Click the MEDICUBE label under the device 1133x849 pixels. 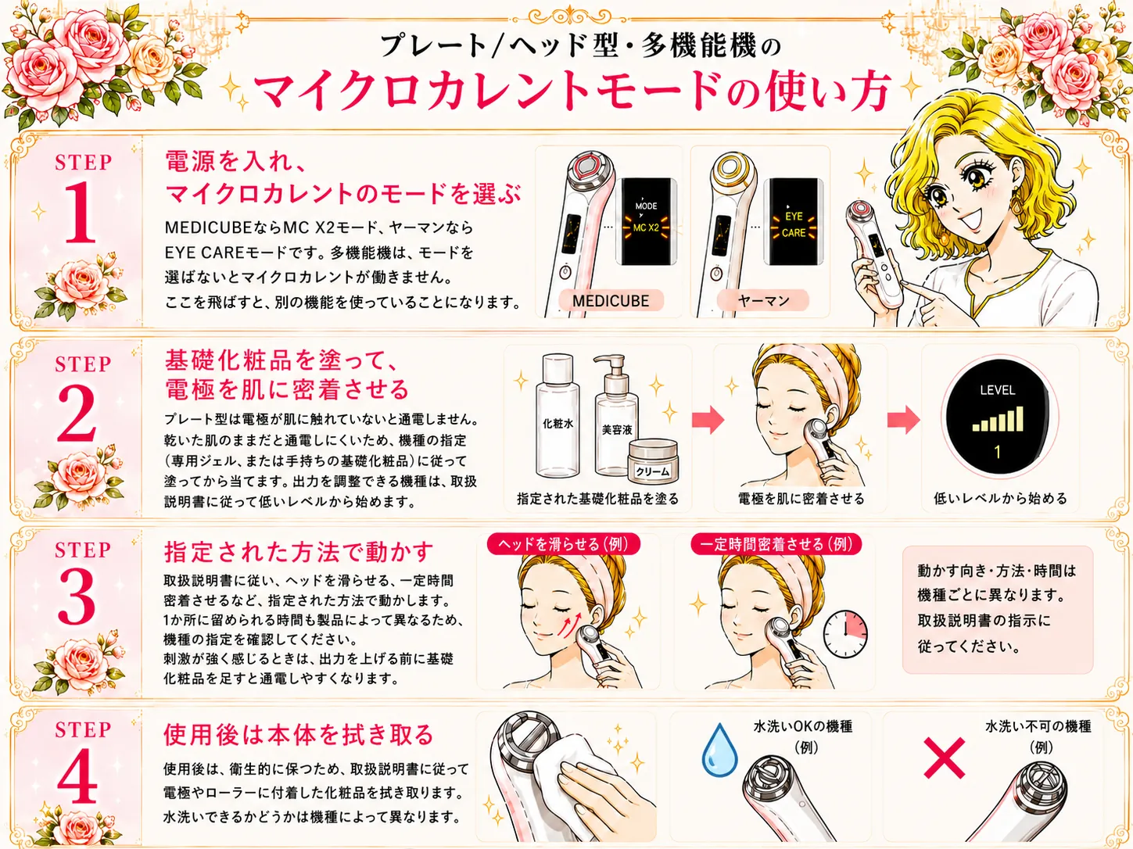click(611, 301)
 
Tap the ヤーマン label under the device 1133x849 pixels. click(763, 300)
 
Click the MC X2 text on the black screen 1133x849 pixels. click(646, 227)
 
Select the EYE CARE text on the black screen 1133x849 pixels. click(794, 224)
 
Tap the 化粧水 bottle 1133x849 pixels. click(558, 415)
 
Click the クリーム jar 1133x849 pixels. click(653, 461)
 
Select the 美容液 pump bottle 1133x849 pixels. click(616, 415)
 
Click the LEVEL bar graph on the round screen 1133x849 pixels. click(999, 418)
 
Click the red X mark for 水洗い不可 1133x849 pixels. click(944, 758)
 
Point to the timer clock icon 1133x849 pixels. click(845, 634)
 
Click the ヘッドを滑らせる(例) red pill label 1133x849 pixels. click(564, 544)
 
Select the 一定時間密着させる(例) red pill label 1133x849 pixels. click(776, 544)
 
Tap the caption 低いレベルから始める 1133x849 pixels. click(1000, 499)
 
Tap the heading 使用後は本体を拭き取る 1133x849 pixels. click(298, 735)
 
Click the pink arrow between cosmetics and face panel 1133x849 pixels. click(708, 418)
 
